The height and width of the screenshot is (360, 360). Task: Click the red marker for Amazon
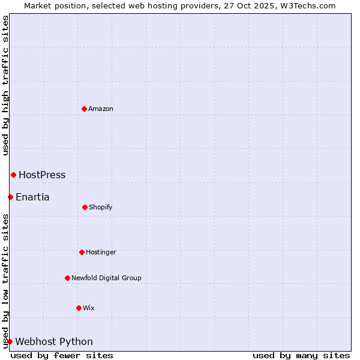84,109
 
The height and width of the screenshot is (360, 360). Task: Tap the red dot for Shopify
85,207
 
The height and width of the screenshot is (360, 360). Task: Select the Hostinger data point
82,252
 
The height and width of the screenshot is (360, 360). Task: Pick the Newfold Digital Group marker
67,278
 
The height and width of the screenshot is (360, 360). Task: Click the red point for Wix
79,308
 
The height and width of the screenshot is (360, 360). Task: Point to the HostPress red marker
13,175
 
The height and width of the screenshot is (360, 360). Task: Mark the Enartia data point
10,197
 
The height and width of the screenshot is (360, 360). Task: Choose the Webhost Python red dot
10,341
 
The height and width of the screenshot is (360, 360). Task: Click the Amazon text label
101,109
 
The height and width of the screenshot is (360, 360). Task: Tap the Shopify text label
101,208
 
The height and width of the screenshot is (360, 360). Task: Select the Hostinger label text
101,253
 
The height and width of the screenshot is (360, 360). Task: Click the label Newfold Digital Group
106,278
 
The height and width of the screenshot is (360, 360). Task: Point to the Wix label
89,308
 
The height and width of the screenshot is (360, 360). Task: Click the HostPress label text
42,175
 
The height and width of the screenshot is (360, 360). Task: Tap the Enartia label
32,197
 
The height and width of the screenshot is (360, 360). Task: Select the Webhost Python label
54,342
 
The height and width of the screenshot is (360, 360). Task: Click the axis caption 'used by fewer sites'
62,355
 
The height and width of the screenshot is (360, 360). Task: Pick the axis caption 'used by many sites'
301,355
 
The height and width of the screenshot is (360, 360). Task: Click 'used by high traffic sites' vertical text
5,85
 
